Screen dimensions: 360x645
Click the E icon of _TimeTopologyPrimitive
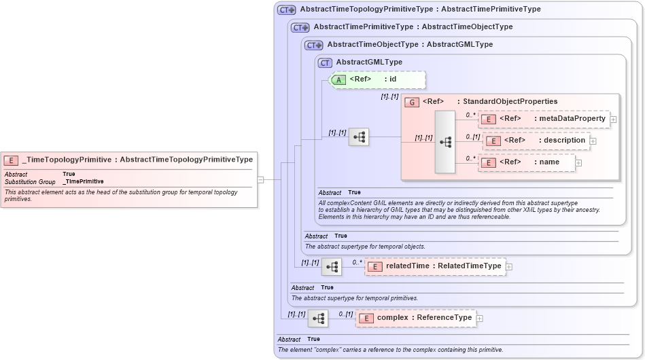(11, 160)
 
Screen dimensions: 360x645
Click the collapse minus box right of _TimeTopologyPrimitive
(260, 180)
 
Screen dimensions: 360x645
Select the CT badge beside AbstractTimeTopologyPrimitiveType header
(287, 10)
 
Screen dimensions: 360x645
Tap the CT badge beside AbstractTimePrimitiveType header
(300, 27)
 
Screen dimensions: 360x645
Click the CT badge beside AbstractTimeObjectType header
(313, 45)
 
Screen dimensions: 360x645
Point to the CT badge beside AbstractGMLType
(326, 62)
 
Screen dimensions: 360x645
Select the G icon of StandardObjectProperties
(411, 102)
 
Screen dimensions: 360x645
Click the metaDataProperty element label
(551, 119)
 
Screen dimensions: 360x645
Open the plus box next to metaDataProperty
(613, 120)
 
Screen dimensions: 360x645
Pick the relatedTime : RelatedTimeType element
(435, 266)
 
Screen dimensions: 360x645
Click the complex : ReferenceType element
(415, 318)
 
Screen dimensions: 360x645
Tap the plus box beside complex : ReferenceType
(479, 318)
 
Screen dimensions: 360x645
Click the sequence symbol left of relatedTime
(332, 267)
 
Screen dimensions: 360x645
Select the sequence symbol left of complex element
(318, 318)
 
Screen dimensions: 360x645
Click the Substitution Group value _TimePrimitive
(83, 182)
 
